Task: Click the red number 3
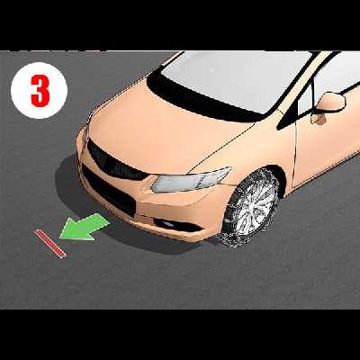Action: pos(40,91)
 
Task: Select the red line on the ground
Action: pos(50,244)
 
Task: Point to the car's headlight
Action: pos(191,179)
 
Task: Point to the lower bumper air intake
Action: pos(108,191)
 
